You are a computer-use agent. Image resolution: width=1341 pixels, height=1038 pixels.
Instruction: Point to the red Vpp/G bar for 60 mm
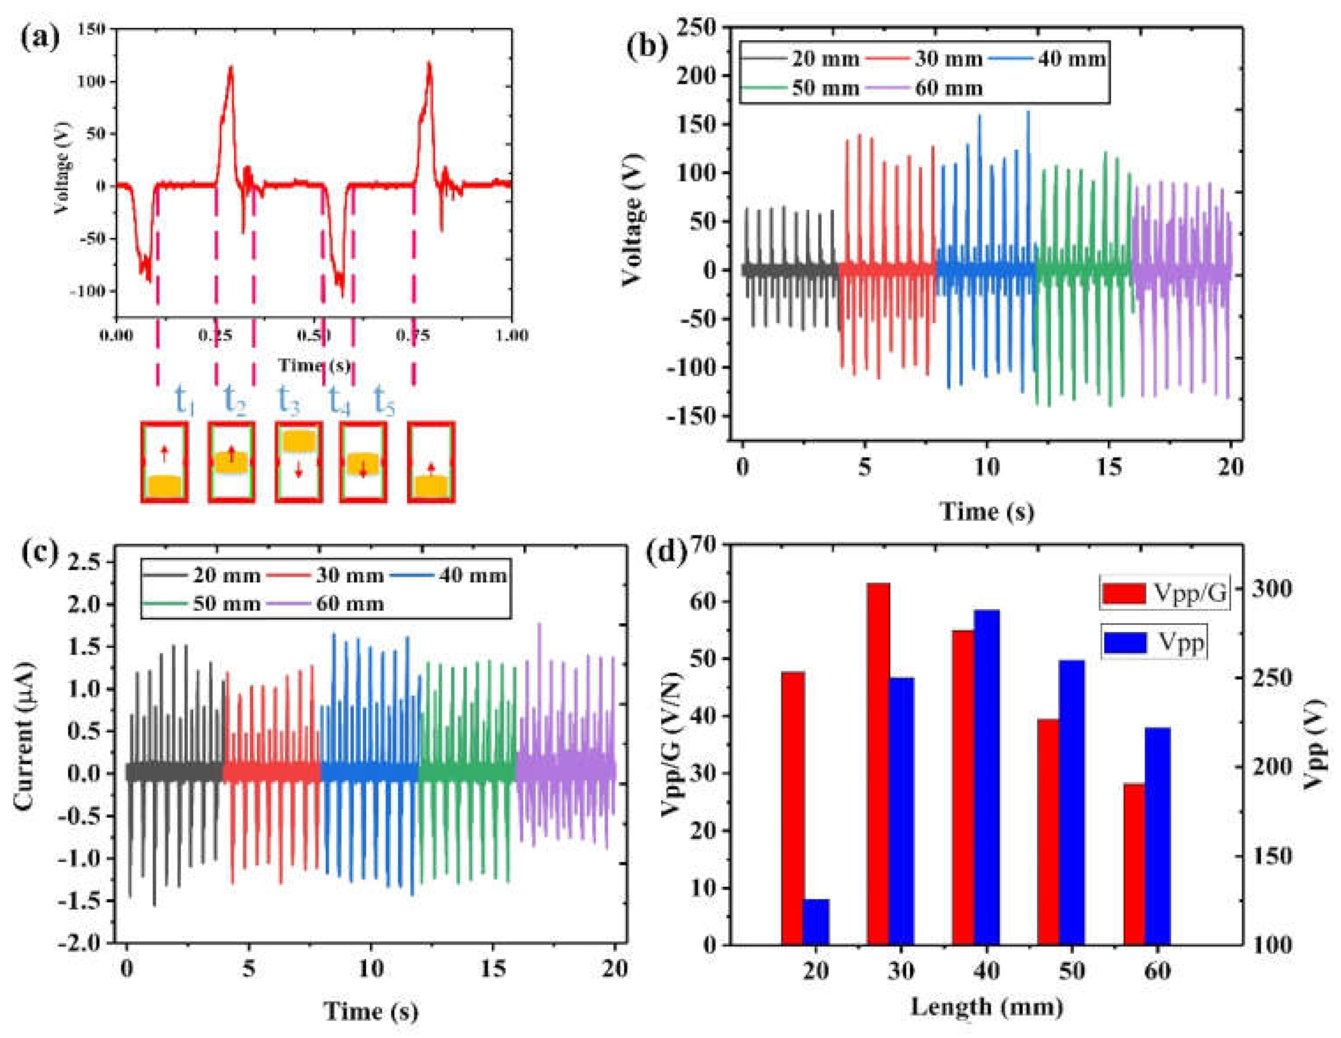[1134, 864]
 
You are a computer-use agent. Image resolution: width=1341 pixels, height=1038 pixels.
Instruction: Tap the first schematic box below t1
[164, 462]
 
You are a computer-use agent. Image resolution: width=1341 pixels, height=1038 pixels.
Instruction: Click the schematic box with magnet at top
[298, 462]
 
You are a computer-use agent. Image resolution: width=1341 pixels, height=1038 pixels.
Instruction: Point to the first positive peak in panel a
[231, 67]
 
